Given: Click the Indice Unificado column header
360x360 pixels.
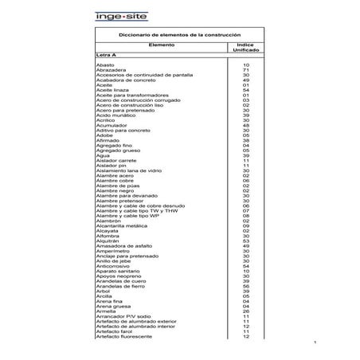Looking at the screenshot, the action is pyautogui.click(x=246, y=48).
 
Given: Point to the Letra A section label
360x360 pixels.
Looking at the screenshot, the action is pyautogui.click(x=106, y=55).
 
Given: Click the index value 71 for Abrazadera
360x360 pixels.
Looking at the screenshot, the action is pyautogui.click(x=246, y=70).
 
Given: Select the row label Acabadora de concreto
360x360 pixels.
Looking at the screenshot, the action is pyautogui.click(x=123, y=80).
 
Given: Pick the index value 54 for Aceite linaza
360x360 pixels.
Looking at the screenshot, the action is pyautogui.click(x=246, y=91).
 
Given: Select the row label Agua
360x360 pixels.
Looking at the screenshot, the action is pyautogui.click(x=102, y=156).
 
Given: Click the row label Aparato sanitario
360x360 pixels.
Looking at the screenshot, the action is pyautogui.click(x=117, y=272).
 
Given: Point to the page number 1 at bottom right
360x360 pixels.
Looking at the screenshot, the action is pyautogui.click(x=316, y=343).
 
